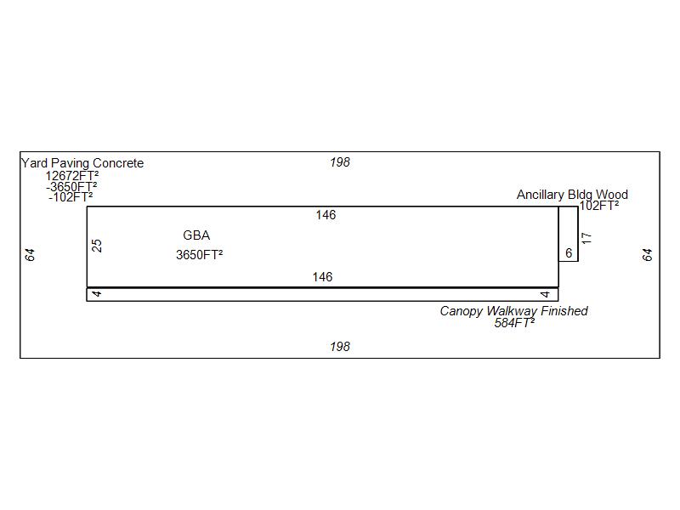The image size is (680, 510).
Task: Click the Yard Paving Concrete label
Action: coord(82,163)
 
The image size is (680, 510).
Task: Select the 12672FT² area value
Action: coord(72,176)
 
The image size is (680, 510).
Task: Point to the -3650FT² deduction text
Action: coord(71,186)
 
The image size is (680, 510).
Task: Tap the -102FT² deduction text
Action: coord(71,197)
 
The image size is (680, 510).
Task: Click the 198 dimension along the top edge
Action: coord(339,162)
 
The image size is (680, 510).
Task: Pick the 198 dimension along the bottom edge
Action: coord(339,347)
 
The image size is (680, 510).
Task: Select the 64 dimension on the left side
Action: coord(30,254)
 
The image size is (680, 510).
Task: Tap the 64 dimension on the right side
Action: coord(647,254)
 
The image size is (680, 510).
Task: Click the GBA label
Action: coord(196,235)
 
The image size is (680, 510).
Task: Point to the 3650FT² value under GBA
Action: coord(200,254)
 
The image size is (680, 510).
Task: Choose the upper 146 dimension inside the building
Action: coord(326,215)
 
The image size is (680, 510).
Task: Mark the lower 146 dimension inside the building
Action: coord(322,277)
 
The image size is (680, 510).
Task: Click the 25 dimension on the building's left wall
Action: coord(97,246)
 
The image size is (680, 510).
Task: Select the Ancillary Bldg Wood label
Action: coord(572,195)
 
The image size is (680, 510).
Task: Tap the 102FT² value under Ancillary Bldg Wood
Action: coord(599,206)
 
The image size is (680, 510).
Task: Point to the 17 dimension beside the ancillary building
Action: coord(586,238)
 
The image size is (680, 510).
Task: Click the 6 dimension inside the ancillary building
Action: coord(569,252)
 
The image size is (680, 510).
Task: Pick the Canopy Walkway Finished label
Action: coord(514,311)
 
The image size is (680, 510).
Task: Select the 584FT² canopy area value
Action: coord(514,322)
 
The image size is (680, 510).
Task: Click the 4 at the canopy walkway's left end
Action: coord(97,293)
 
